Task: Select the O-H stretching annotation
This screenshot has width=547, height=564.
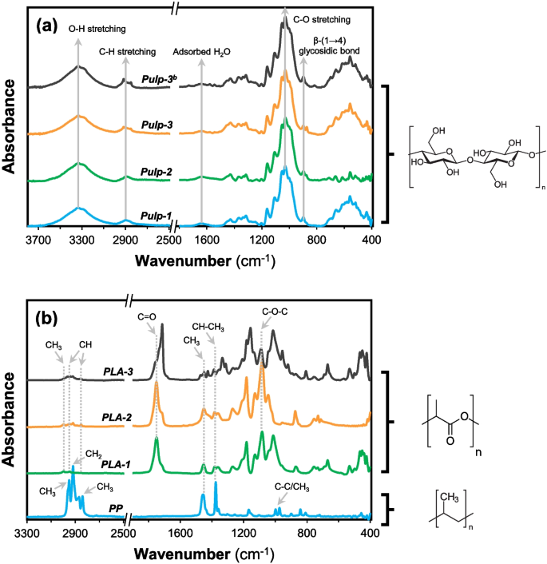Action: [77, 30]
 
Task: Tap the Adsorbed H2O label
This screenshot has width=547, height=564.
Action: [201, 53]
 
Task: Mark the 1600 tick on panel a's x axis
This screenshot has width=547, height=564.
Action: [201, 239]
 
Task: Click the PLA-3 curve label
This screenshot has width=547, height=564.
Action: [118, 371]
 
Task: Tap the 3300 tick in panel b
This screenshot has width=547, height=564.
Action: [28, 531]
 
